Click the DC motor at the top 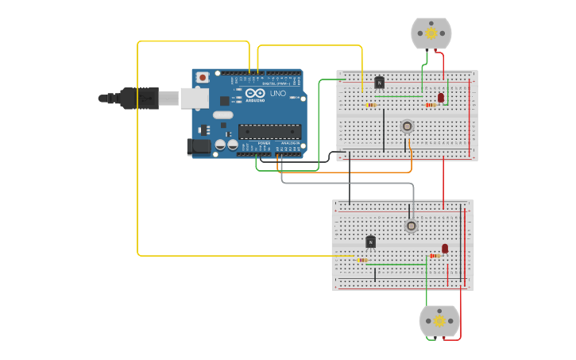click(431, 33)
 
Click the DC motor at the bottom click(439, 321)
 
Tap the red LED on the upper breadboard click(441, 98)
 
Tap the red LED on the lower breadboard click(445, 249)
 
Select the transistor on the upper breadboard click(379, 82)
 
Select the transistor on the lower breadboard click(370, 242)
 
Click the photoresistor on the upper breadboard click(407, 126)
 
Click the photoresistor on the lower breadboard click(411, 226)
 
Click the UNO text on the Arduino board click(278, 94)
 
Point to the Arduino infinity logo click(255, 93)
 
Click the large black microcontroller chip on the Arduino click(269, 131)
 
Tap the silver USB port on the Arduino click(194, 98)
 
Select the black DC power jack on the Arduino click(199, 146)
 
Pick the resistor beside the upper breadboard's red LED click(430, 104)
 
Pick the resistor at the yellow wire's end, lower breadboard click(362, 260)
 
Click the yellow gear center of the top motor click(431, 33)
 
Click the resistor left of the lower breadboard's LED click(434, 256)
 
